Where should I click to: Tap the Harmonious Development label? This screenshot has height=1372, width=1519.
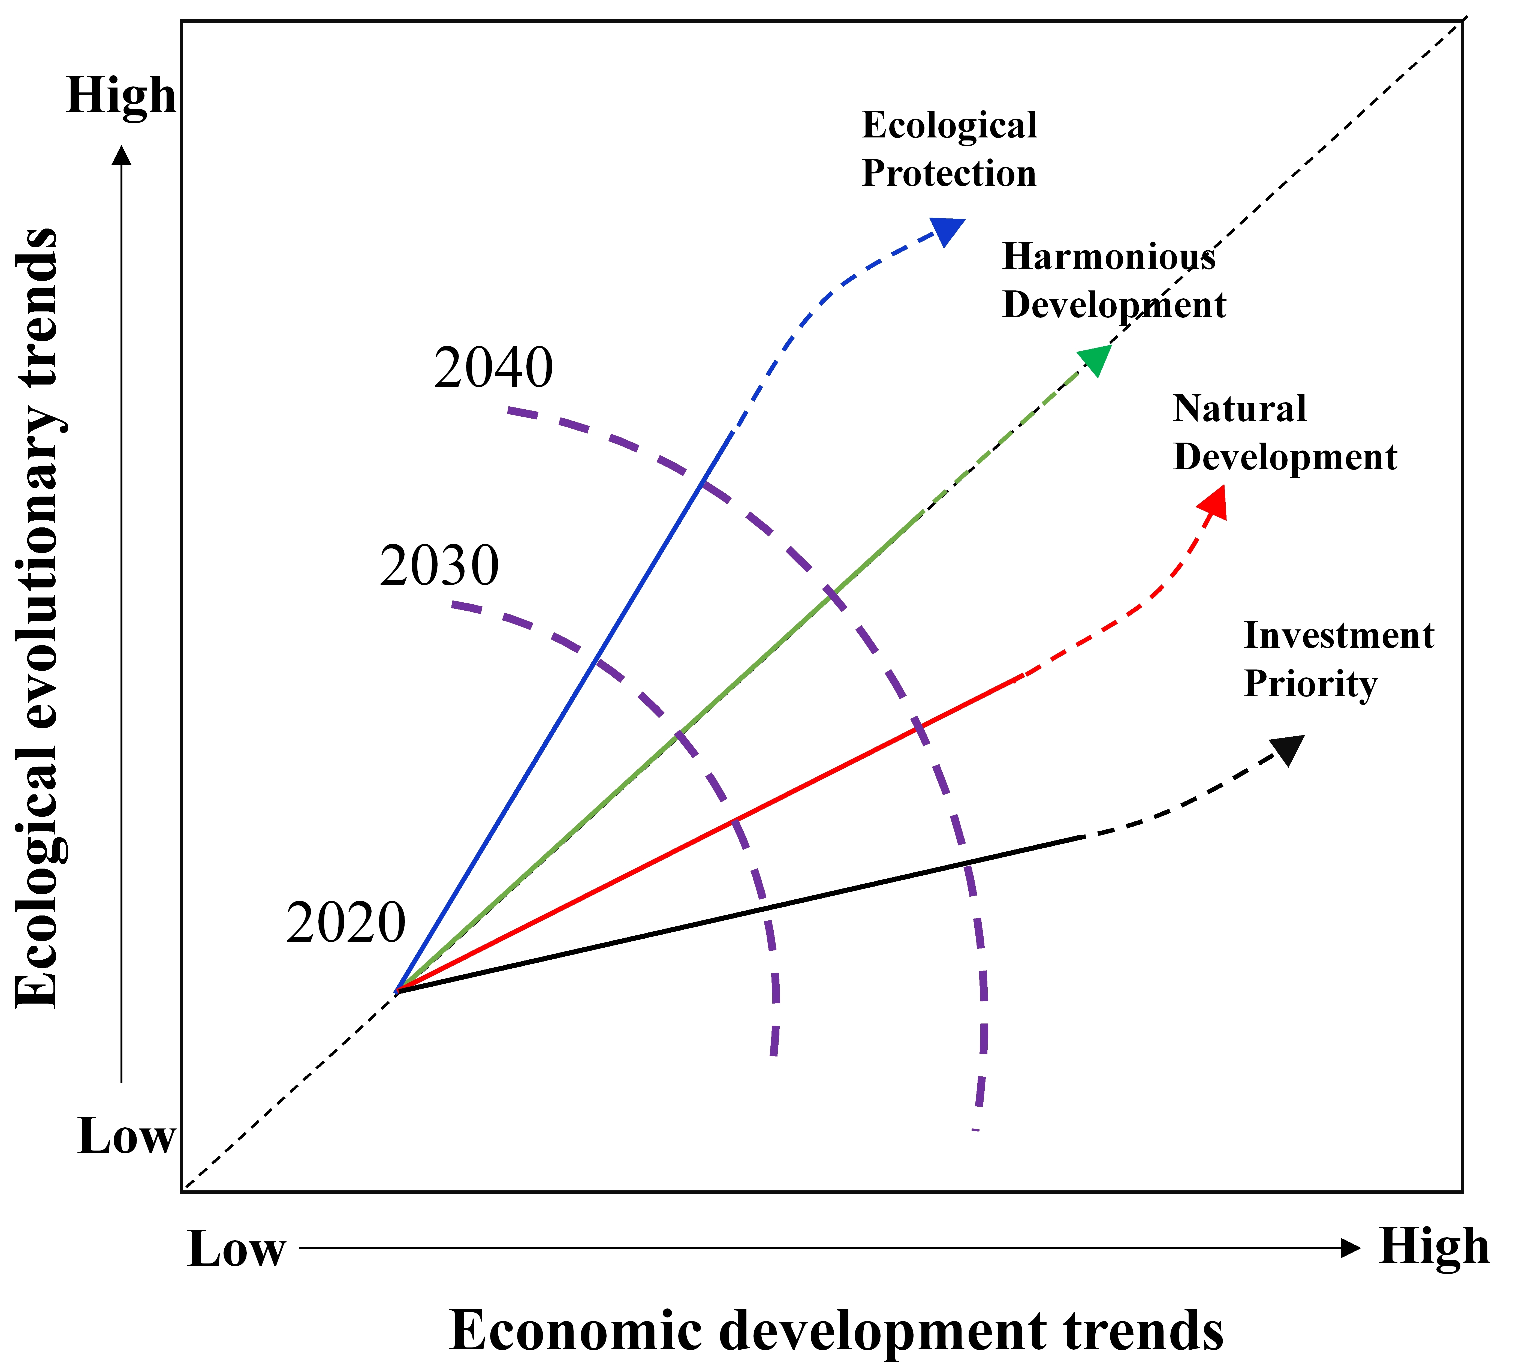tap(1114, 281)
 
